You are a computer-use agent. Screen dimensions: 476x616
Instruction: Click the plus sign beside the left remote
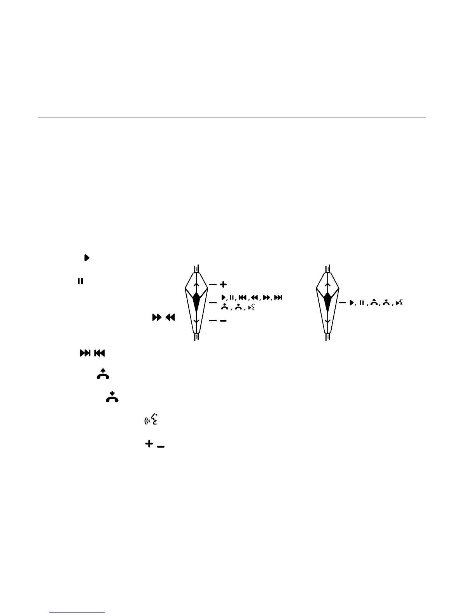pos(223,285)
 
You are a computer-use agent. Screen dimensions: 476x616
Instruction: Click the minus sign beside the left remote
pos(223,321)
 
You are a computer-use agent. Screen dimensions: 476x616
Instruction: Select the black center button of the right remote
pos(327,301)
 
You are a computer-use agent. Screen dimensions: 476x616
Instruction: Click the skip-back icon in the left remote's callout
pos(242,298)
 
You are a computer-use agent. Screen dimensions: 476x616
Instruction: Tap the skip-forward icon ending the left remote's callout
pos(278,298)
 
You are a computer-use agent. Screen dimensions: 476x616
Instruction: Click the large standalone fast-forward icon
pos(156,318)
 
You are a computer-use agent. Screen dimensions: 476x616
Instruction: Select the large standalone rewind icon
pos(170,318)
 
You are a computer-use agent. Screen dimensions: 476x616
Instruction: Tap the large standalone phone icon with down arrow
pos(112,397)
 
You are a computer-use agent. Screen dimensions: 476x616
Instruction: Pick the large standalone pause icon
pos(80,281)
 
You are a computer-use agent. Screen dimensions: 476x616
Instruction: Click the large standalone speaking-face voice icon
pos(151,420)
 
